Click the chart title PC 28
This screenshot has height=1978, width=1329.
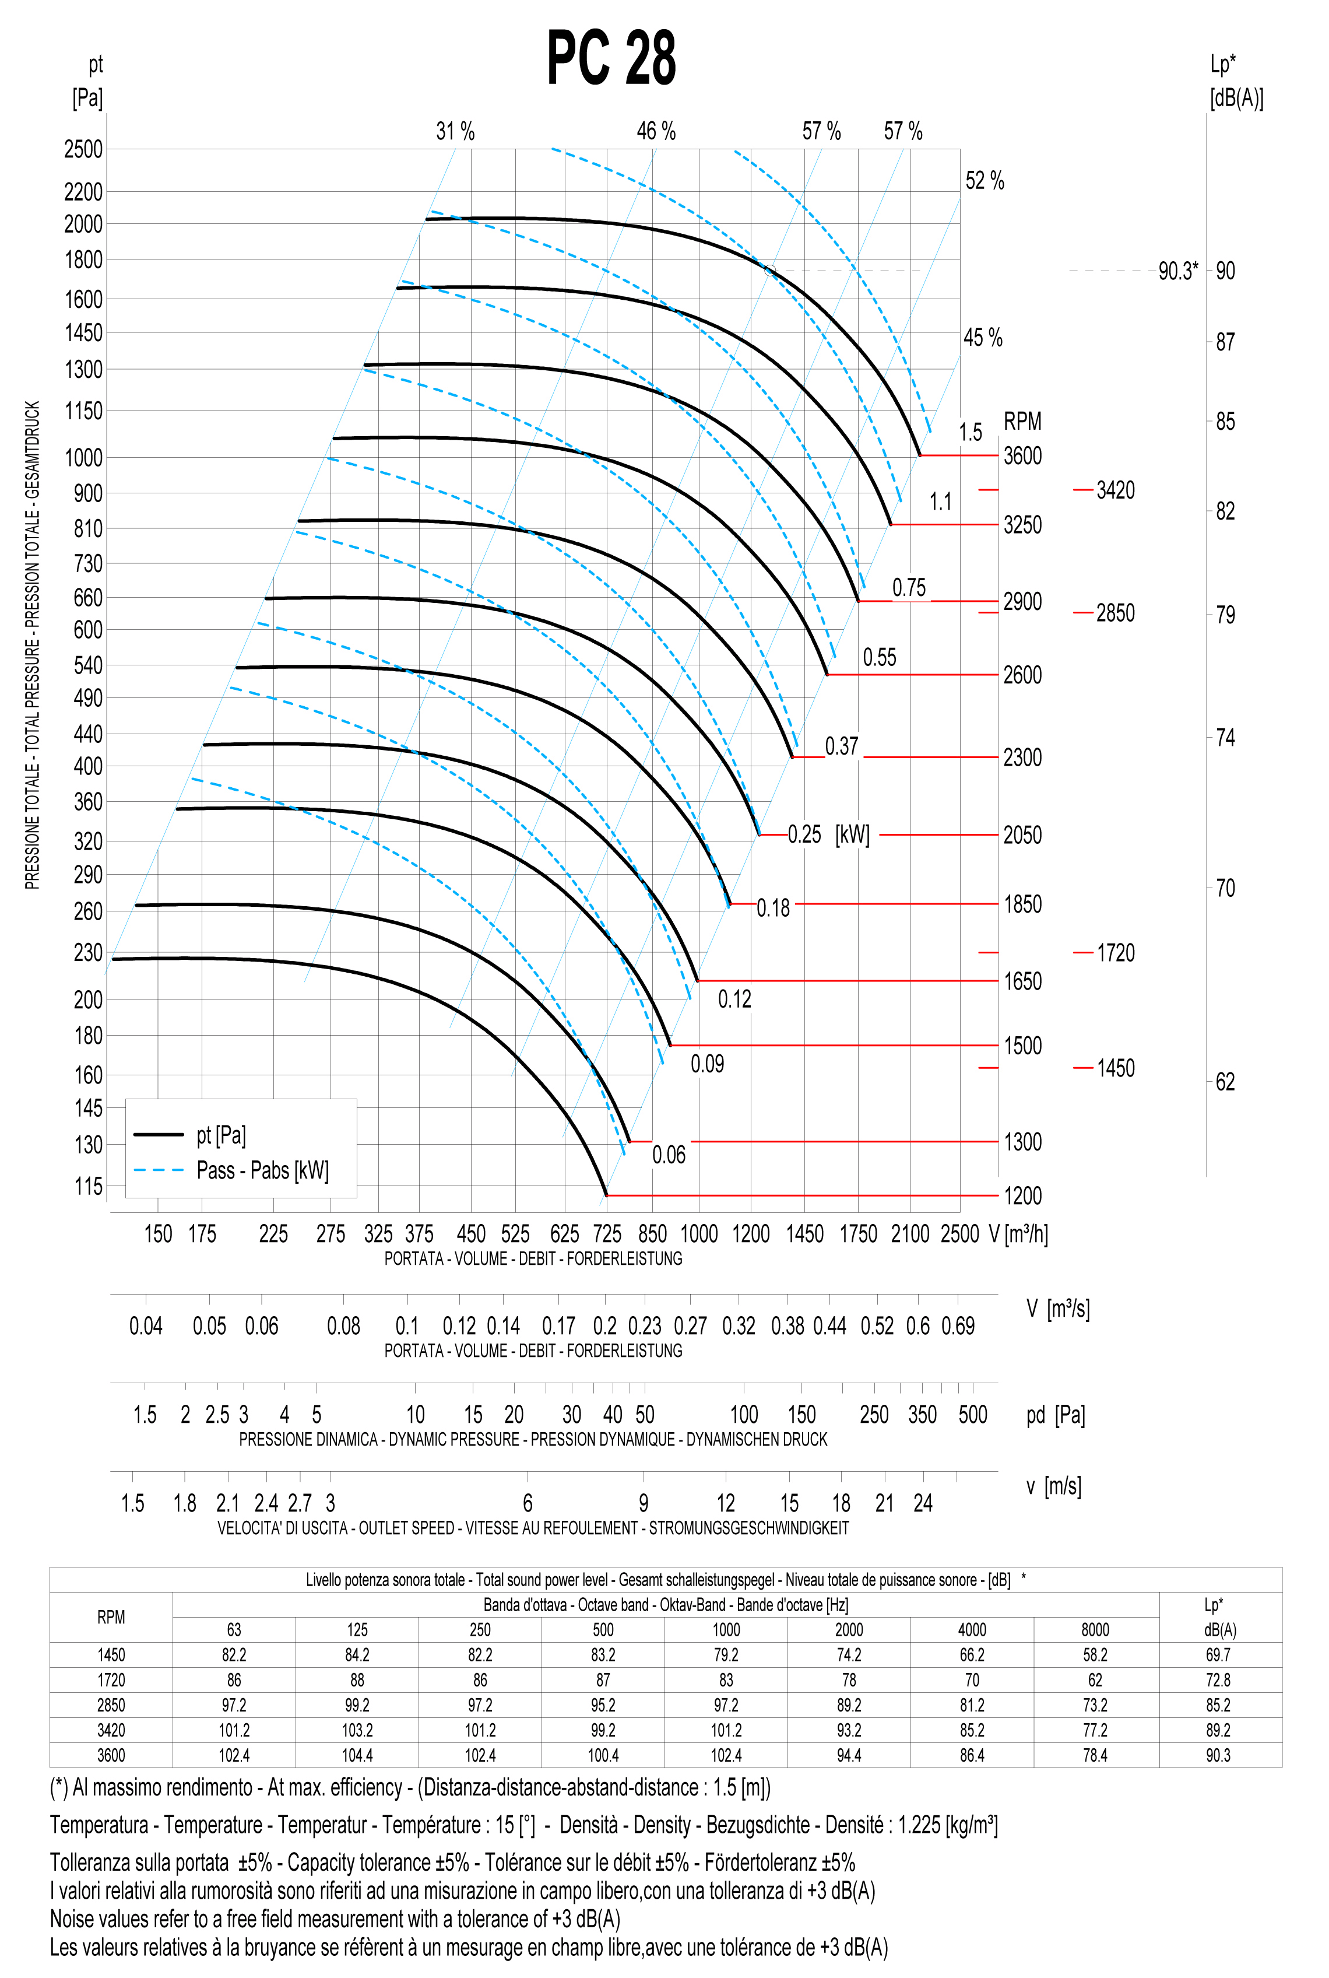[611, 58]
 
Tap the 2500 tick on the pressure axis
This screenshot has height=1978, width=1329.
[83, 149]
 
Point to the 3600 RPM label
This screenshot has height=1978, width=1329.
[1022, 456]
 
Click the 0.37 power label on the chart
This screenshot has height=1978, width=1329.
[842, 746]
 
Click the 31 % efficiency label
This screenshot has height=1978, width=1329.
[455, 131]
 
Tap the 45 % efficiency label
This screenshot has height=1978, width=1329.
[982, 338]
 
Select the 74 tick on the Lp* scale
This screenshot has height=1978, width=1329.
[1225, 738]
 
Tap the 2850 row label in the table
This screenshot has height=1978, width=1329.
[111, 1705]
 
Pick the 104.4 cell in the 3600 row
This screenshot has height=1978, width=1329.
[357, 1755]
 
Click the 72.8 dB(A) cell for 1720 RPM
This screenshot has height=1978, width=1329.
[1218, 1679]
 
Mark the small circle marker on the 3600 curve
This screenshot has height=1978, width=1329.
[769, 271]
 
